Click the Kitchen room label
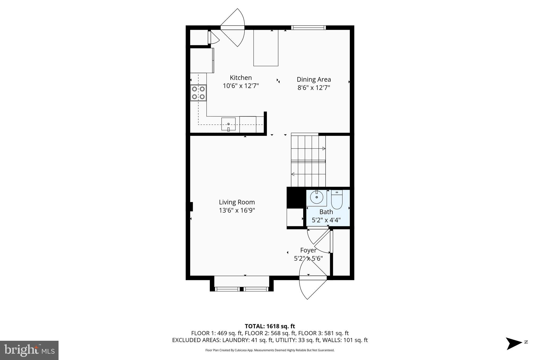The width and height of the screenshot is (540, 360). [241, 78]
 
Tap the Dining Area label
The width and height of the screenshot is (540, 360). [314, 79]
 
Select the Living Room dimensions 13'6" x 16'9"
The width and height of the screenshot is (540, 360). [237, 210]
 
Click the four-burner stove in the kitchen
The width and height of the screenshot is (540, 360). [198, 93]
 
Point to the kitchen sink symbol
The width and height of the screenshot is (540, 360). [228, 124]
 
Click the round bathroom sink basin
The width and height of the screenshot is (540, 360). [316, 197]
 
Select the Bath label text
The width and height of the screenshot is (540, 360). [326, 212]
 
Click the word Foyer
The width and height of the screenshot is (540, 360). [308, 250]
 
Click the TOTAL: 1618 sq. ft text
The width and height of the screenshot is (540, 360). [270, 326]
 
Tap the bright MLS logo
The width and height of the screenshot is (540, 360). [29, 350]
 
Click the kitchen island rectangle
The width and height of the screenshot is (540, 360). [266, 48]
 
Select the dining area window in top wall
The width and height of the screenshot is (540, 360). [308, 27]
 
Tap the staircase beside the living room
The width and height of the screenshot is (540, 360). [308, 161]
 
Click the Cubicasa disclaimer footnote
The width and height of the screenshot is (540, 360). [270, 350]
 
